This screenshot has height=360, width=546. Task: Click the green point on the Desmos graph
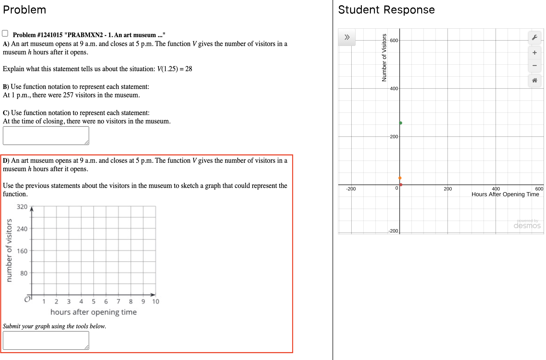(x=401, y=123)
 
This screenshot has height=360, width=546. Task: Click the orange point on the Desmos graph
(x=400, y=178)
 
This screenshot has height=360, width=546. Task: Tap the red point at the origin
(x=401, y=185)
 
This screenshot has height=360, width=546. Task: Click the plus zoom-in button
(x=534, y=52)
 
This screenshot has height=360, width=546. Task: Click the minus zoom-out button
(x=534, y=66)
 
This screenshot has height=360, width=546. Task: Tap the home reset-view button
(x=534, y=81)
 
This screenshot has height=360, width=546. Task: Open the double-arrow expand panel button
(x=347, y=37)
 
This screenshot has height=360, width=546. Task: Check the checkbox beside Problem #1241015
(x=5, y=34)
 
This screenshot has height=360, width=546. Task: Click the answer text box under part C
(x=46, y=135)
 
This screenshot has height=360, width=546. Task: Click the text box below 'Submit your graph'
(x=46, y=340)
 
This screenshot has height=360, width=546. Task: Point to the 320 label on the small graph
(x=22, y=207)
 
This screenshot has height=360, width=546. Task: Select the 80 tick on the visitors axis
(x=24, y=273)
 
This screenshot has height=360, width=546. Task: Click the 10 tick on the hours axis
(x=156, y=301)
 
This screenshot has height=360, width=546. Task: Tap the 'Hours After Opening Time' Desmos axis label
(x=505, y=194)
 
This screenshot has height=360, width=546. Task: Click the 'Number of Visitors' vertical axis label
(x=384, y=58)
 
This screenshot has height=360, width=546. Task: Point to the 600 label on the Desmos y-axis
(x=394, y=40)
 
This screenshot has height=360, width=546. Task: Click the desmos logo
(x=527, y=226)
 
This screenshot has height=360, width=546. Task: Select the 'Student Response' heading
(x=386, y=10)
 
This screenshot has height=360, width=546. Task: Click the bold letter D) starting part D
(x=6, y=160)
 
